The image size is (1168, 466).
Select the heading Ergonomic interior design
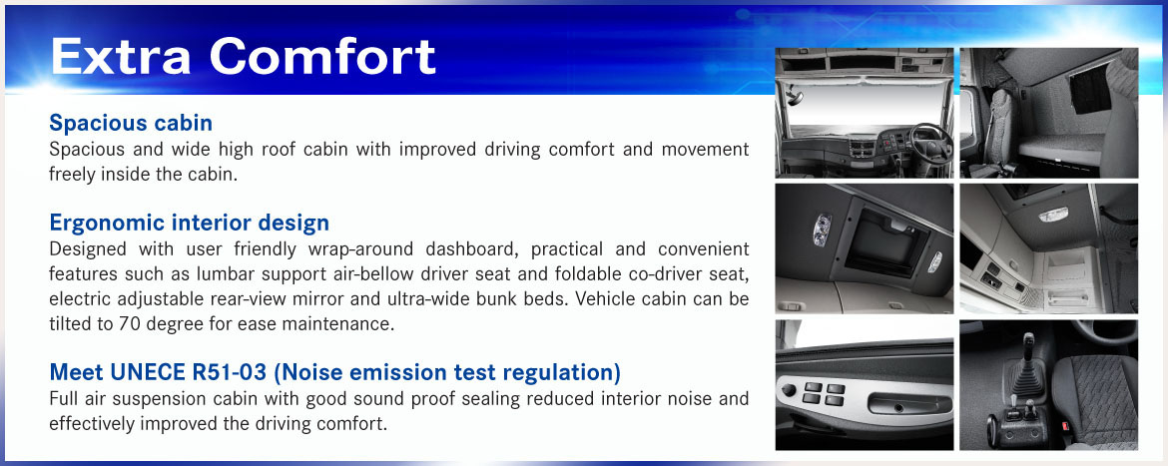tap(190, 223)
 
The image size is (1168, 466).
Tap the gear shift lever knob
tap(1028, 344)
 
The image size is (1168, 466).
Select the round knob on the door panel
tap(789, 389)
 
